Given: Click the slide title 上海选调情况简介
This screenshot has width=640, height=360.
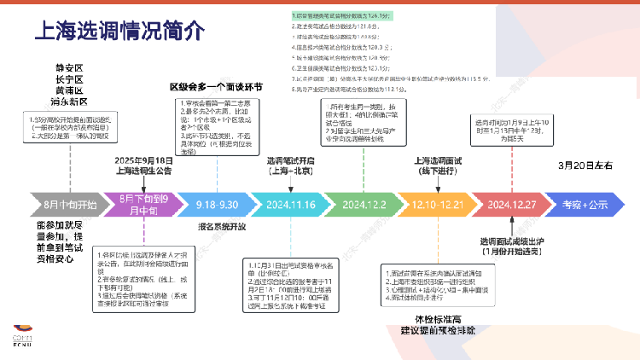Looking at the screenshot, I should coord(119,32).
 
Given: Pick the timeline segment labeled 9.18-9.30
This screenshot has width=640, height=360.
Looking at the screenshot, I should coord(217,205).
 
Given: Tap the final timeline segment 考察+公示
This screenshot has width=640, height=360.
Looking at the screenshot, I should coord(585,205).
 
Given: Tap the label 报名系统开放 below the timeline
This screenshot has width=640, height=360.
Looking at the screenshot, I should coord(221,228).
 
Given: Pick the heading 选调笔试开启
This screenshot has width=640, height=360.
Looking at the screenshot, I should coord(290,160).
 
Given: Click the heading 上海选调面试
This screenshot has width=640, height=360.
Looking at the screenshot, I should coord(438,160).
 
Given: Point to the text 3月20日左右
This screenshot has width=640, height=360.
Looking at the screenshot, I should coord(585,165).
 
